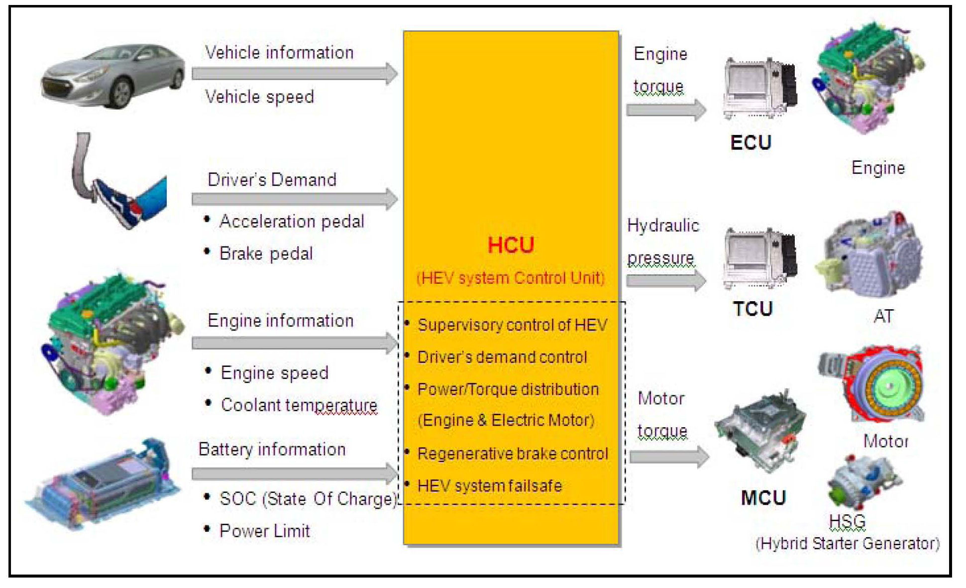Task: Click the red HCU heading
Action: tap(511, 245)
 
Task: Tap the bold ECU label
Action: tap(751, 143)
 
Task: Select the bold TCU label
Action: tap(752, 309)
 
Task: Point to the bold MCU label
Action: tap(763, 498)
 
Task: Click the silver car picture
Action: tap(113, 75)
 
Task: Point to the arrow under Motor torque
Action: tap(669, 457)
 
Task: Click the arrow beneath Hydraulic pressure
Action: tap(666, 281)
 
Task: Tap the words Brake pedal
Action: tap(266, 253)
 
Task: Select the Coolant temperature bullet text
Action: tap(299, 405)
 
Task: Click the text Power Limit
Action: tap(264, 531)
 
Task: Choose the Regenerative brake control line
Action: tap(513, 454)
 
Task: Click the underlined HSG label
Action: tap(847, 521)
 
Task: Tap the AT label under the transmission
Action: tap(883, 316)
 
